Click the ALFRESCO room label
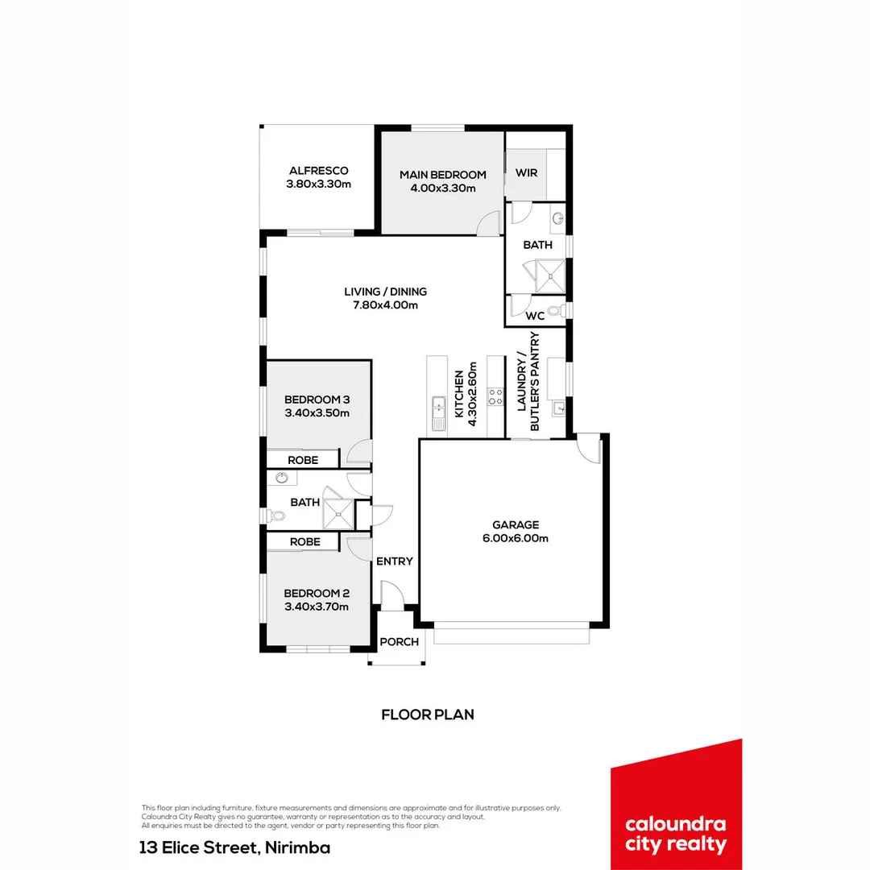pos(318,171)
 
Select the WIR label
pos(527,174)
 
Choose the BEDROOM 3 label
pos(317,400)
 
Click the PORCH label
pos(399,641)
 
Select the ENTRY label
pos(395,561)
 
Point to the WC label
pos(535,316)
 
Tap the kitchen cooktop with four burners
pos(496,397)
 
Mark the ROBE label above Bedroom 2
pos(305,542)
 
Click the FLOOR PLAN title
pos(427,714)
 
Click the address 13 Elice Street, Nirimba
pos(234,847)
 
